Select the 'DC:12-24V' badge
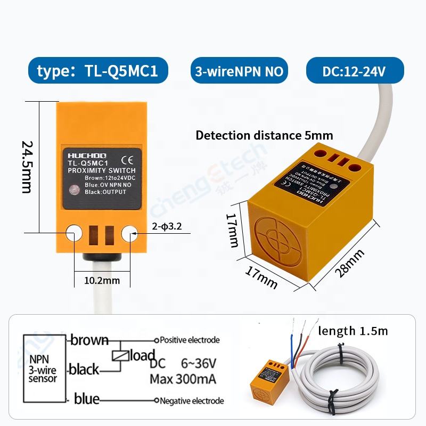click(x=355, y=71)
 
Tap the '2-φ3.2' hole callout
click(x=167, y=226)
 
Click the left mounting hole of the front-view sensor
click(x=73, y=232)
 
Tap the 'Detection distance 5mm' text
click(x=264, y=135)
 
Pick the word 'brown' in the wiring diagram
click(x=89, y=340)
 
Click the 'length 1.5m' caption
click(x=353, y=331)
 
